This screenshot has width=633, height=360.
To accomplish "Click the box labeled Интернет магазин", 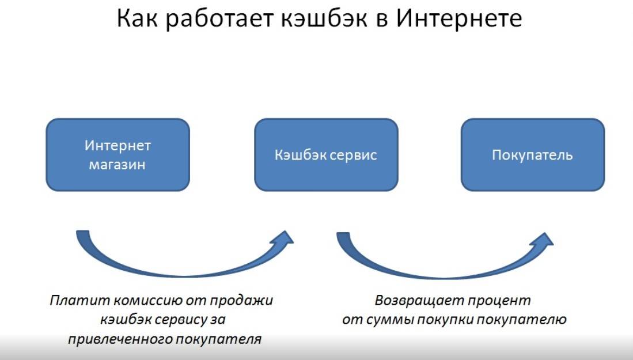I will pos(117,154).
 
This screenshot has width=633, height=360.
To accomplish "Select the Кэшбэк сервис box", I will pos(326,154).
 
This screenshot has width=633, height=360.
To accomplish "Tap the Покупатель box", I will pos(533,154).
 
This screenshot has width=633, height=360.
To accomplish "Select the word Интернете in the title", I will pos(458,20).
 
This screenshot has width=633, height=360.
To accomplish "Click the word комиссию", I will pos(141,301).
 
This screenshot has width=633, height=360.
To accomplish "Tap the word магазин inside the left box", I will pos(117,165).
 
